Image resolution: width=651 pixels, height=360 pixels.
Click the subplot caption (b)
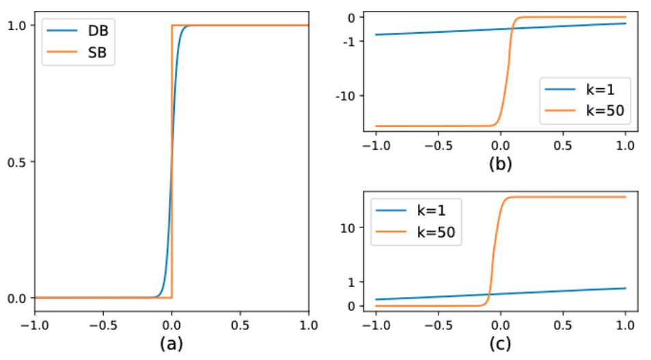pyautogui.click(x=500, y=164)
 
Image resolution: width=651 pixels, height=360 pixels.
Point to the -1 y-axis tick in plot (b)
pyautogui.click(x=348, y=41)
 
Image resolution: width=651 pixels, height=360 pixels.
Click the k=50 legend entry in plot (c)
pyautogui.click(x=429, y=232)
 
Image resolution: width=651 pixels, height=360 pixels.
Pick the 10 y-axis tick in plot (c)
pyautogui.click(x=348, y=227)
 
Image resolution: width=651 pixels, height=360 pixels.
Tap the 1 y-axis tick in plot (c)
pyautogui.click(x=351, y=281)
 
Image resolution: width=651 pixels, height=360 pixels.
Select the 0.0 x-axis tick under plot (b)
pyautogui.click(x=500, y=146)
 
